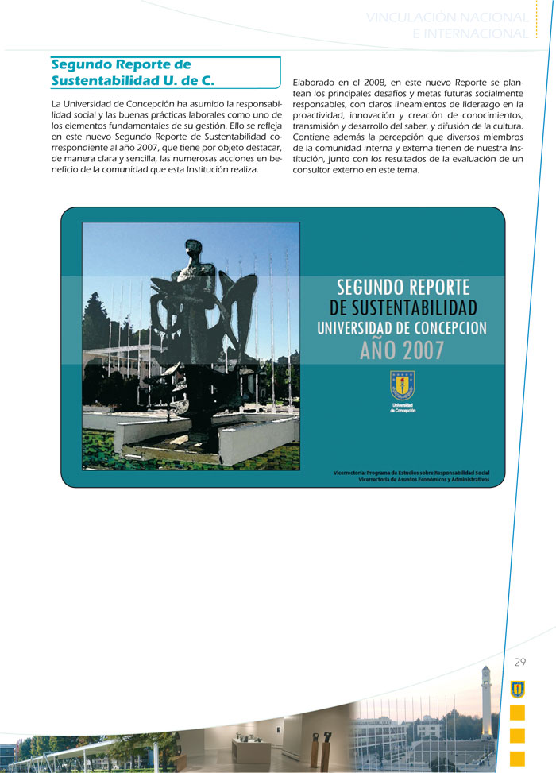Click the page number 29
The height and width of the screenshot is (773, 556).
(x=520, y=663)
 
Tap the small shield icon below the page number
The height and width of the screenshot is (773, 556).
(x=517, y=689)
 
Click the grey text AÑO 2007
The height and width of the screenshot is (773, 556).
(x=402, y=350)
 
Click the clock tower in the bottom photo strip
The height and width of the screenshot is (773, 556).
(x=487, y=699)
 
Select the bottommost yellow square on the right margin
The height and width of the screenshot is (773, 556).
(x=517, y=759)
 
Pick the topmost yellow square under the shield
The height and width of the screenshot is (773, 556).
(x=517, y=713)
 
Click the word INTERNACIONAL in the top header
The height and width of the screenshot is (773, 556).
(x=470, y=33)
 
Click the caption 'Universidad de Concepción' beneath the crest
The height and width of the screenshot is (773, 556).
(x=402, y=408)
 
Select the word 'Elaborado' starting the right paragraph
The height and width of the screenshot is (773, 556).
(x=316, y=83)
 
